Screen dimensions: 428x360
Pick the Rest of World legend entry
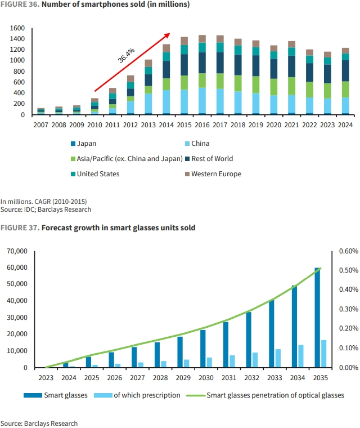tap(211, 159)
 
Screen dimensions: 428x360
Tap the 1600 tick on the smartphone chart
tap(17, 28)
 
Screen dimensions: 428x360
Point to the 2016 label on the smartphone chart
tap(201, 125)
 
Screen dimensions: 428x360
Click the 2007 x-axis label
tap(41, 125)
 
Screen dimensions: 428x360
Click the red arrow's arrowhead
tap(168, 33)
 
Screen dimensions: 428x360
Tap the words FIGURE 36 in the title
tap(19, 5)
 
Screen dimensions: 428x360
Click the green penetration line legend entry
tap(275, 395)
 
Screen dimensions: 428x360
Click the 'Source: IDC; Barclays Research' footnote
tap(46, 209)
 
